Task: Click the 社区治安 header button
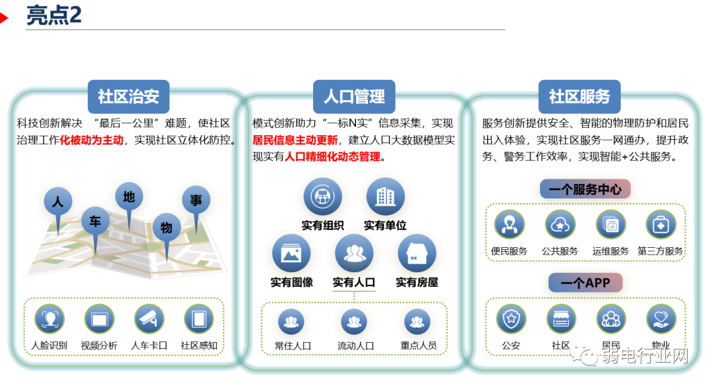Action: [x=129, y=96]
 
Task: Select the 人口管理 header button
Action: [x=354, y=96]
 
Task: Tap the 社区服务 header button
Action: [x=579, y=96]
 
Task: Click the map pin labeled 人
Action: [x=58, y=202]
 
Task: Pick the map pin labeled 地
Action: [x=129, y=196]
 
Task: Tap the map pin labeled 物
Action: [x=166, y=227]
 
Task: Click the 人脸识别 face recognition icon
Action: [x=49, y=320]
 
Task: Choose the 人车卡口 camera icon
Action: [x=149, y=320]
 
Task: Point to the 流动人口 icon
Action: [x=354, y=322]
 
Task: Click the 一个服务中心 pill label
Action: [x=585, y=189]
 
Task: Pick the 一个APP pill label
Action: [x=585, y=283]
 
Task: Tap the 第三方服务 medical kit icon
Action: [x=660, y=225]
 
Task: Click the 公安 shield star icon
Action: [x=511, y=320]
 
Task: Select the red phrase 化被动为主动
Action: [x=92, y=140]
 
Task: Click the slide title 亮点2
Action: [x=54, y=16]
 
